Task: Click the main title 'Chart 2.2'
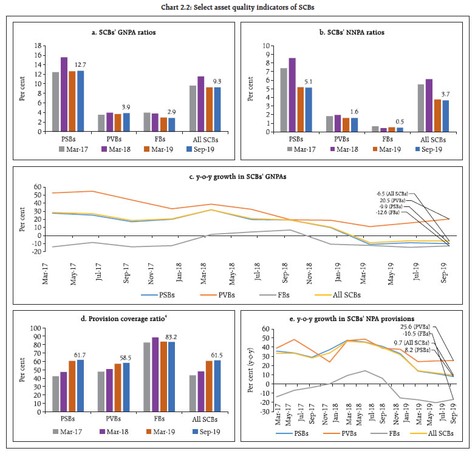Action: [x=237, y=7]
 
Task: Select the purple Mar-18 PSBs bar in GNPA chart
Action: [x=64, y=94]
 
